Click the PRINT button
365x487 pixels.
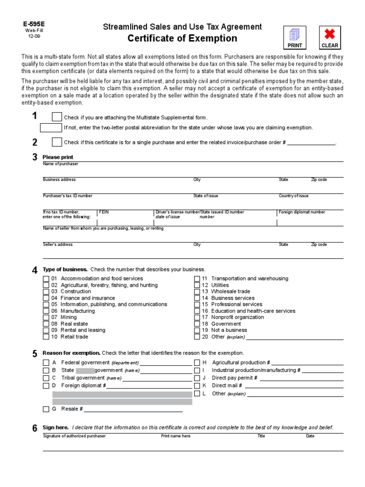[x=295, y=38]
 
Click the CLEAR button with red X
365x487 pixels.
[x=330, y=38]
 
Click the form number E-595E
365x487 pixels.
[x=30, y=23]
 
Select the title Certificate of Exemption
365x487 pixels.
[x=182, y=39]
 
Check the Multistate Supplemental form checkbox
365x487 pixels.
[x=57, y=117]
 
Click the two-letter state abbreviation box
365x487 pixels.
[x=51, y=127]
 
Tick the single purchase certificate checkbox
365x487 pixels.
[x=57, y=142]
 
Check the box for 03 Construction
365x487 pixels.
[x=46, y=292]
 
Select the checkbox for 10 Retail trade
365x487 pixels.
[x=46, y=337]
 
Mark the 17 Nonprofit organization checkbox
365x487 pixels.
[x=197, y=317]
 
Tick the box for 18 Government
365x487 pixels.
[x=197, y=324]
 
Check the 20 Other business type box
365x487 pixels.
[x=197, y=337]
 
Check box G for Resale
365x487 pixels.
[x=46, y=409]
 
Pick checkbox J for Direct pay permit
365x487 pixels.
[x=197, y=378]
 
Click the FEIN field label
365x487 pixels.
[x=104, y=212]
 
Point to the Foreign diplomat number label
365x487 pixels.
[x=302, y=212]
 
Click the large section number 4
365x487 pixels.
[x=35, y=271]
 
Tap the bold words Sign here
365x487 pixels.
[x=56, y=428]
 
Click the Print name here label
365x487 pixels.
[x=175, y=436]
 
